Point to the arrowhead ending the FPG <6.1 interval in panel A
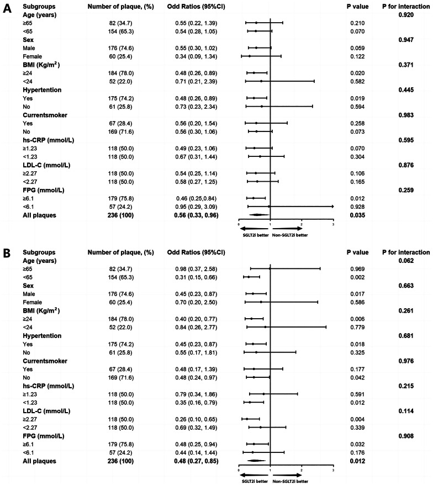pos(332,206)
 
